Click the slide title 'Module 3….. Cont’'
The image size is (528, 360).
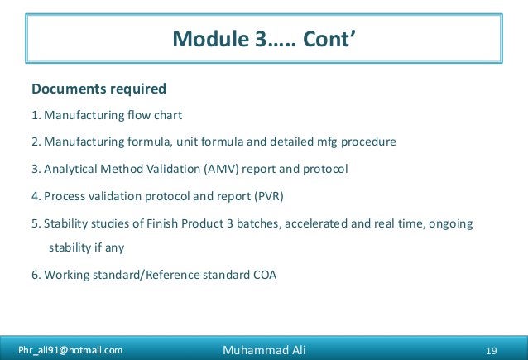click(264, 39)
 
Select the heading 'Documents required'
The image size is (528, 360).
click(98, 89)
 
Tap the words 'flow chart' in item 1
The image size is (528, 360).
click(157, 115)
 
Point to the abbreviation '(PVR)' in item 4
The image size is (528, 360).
click(275, 196)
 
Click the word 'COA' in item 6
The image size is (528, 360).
click(264, 274)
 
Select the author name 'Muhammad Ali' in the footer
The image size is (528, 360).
click(264, 350)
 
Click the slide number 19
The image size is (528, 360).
click(491, 350)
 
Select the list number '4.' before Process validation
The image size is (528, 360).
click(36, 196)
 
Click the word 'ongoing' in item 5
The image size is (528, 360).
click(451, 223)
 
